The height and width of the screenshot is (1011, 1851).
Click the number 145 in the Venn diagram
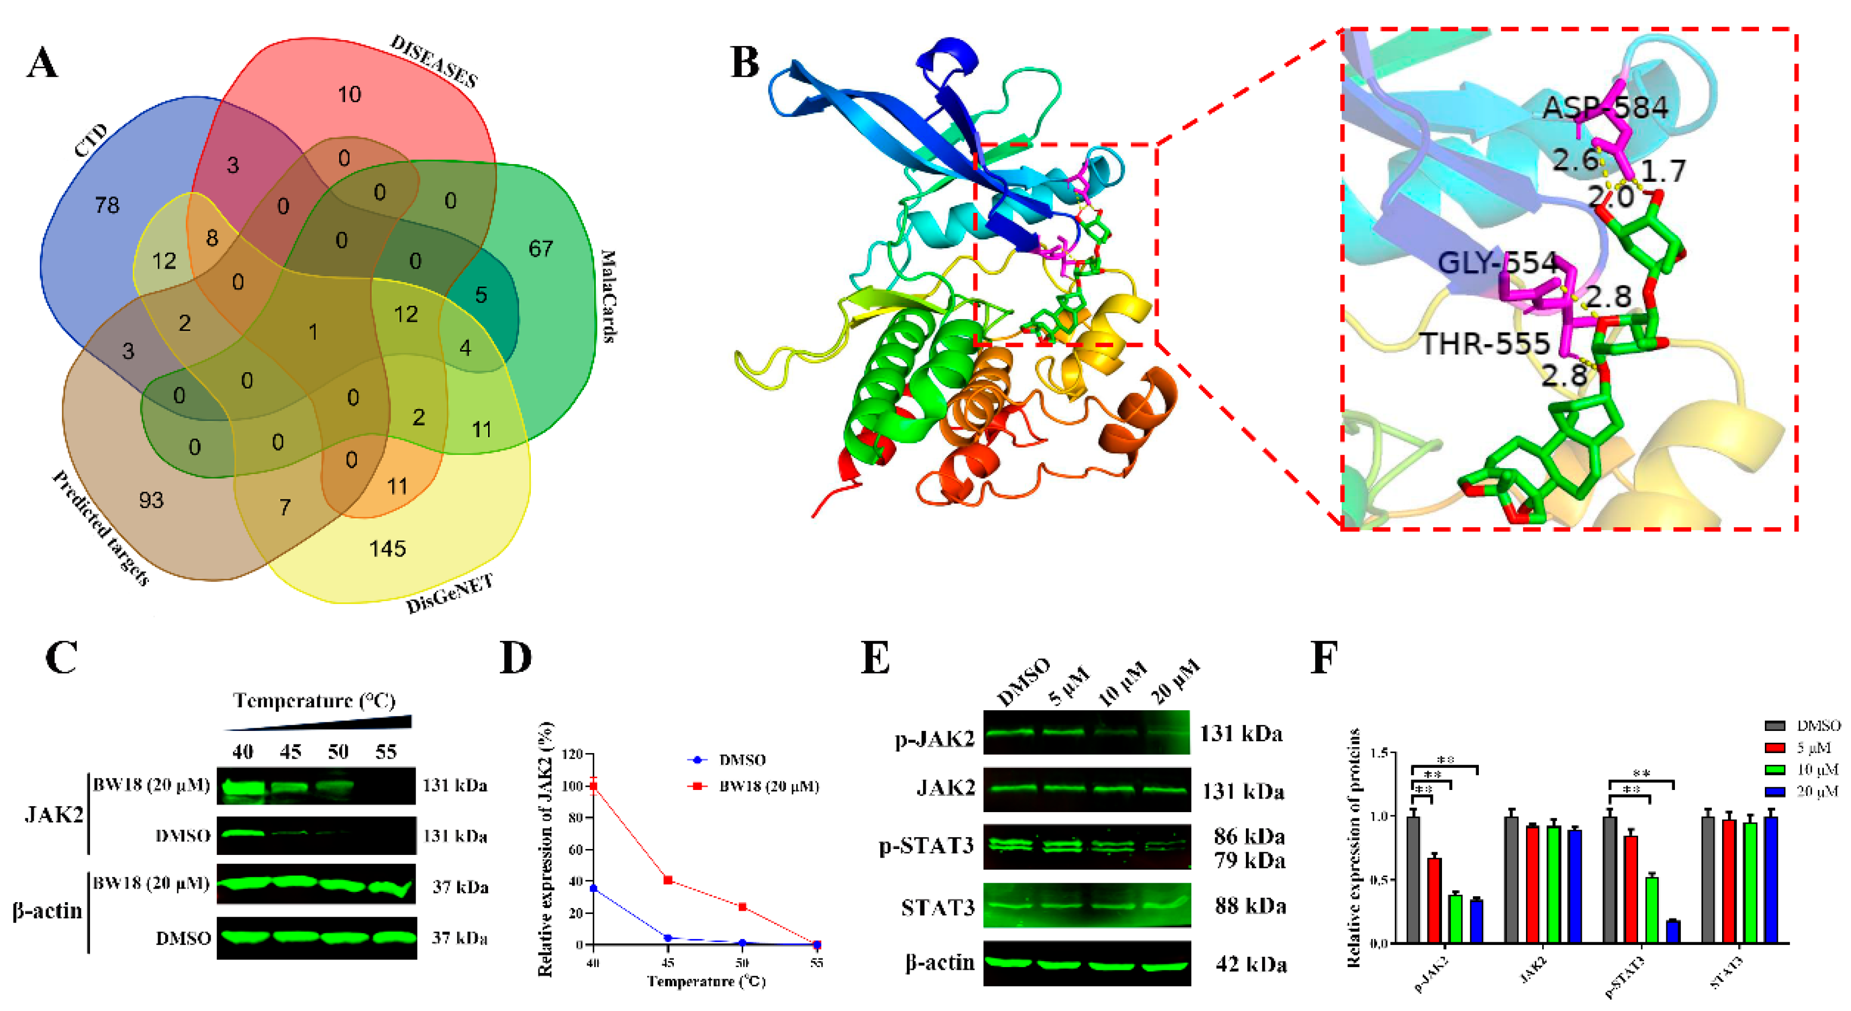pyautogui.click(x=387, y=549)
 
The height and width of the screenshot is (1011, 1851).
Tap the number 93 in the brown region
pyautogui.click(x=151, y=500)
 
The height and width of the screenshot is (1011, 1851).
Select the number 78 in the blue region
pyautogui.click(x=107, y=205)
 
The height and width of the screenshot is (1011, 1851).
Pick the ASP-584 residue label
pyautogui.click(x=1605, y=108)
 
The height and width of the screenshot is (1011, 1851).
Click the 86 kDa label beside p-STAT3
pyautogui.click(x=1249, y=837)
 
